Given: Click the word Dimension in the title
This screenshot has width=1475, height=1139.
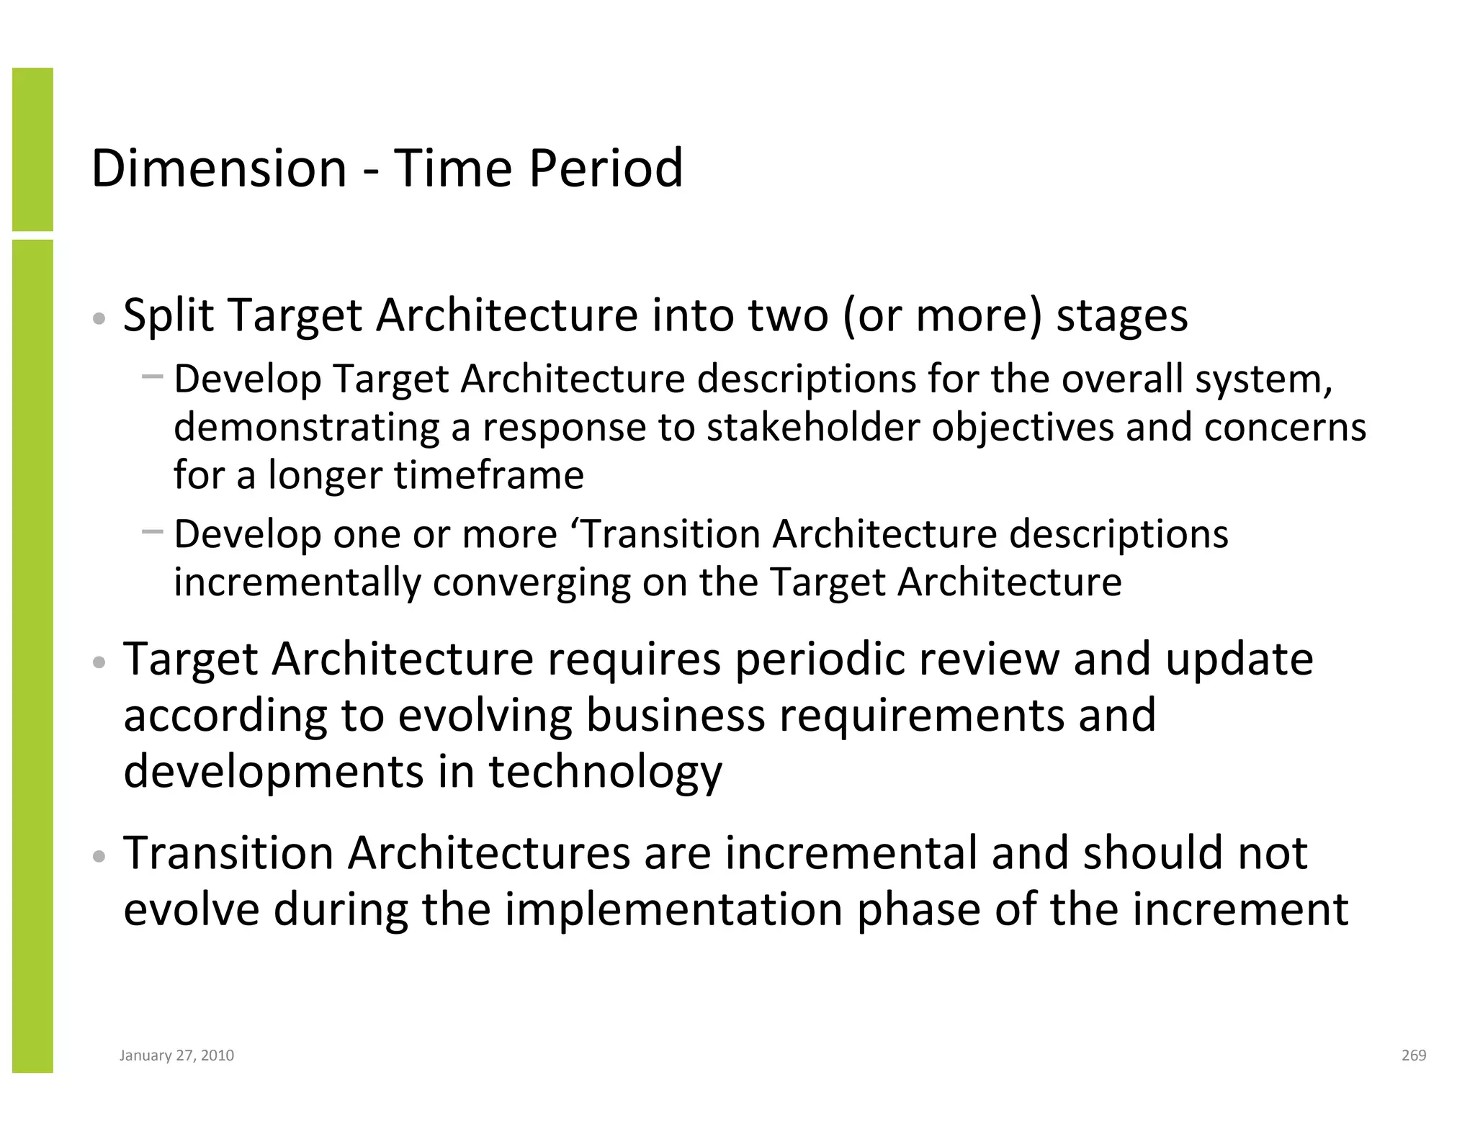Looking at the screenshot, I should [219, 168].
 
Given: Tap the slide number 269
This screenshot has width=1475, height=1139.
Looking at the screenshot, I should [1413, 1055].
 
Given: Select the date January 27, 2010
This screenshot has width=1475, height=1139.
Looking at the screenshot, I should [176, 1055].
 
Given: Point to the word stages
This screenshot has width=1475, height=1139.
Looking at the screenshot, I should [1121, 317].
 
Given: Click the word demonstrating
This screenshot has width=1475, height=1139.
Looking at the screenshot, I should [305, 428].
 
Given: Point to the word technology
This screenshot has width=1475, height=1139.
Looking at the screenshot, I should [605, 773].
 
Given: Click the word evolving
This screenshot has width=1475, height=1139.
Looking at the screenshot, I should [485, 716].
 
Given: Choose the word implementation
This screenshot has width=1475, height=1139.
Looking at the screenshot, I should [673, 910].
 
